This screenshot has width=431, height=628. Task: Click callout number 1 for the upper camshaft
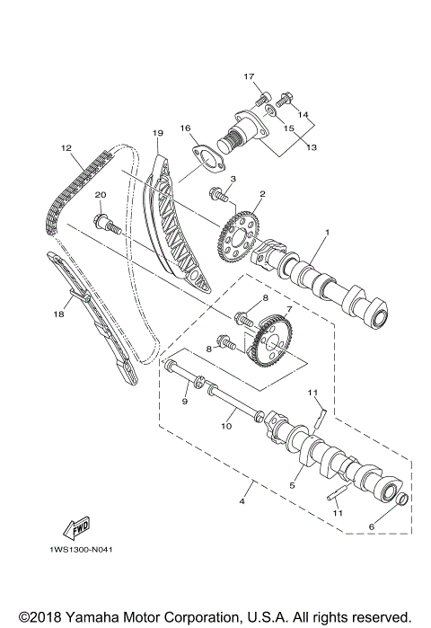point(327,233)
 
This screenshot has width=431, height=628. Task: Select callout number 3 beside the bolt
point(233,180)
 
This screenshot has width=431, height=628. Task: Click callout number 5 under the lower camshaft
point(291,485)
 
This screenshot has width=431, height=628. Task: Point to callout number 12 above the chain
point(66,147)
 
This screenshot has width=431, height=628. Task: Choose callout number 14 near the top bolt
point(303,115)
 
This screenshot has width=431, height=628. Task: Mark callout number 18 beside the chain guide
point(59,315)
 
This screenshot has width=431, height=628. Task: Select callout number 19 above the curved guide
point(157,133)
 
